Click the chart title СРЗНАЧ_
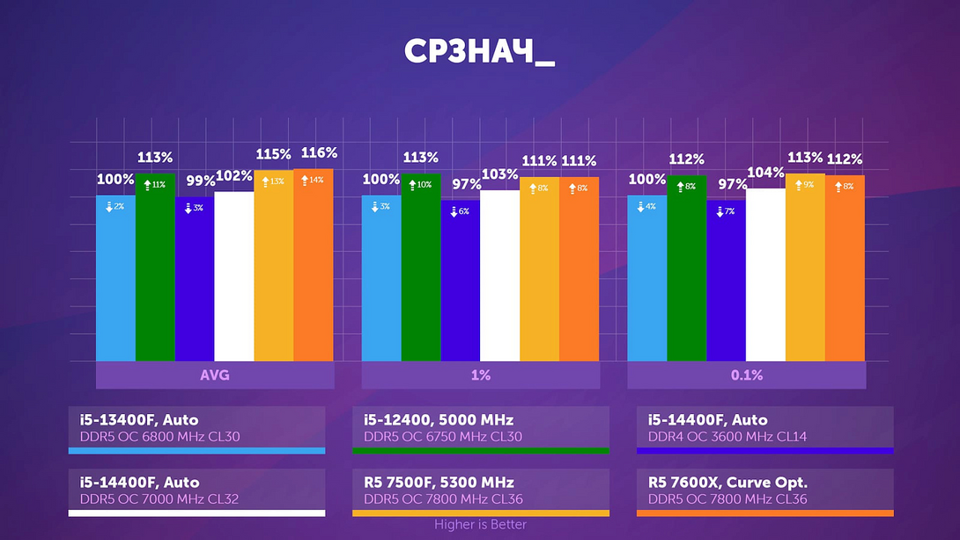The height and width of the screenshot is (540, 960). pos(479,52)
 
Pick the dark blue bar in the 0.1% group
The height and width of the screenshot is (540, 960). pos(726,282)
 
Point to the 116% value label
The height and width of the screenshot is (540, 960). pos(319,153)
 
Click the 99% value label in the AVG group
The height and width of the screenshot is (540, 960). pos(201,181)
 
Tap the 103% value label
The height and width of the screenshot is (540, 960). pos(499,174)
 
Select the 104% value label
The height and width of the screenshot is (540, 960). pos(765,172)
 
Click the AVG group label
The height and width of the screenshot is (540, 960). pos(215,375)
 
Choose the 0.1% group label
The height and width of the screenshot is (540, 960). pos(746,375)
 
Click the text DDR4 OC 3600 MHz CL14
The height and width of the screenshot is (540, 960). pos(727,437)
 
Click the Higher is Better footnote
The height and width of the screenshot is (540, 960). pos(480,525)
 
